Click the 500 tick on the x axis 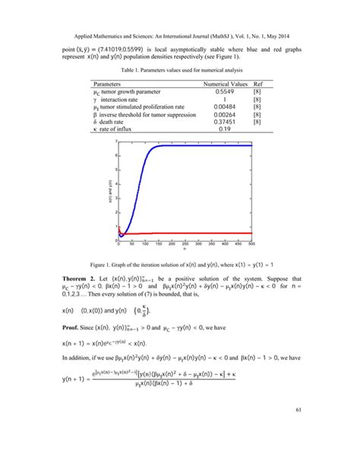[x=251, y=243]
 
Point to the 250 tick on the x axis [x=185, y=243]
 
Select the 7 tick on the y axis [x=115, y=142]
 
